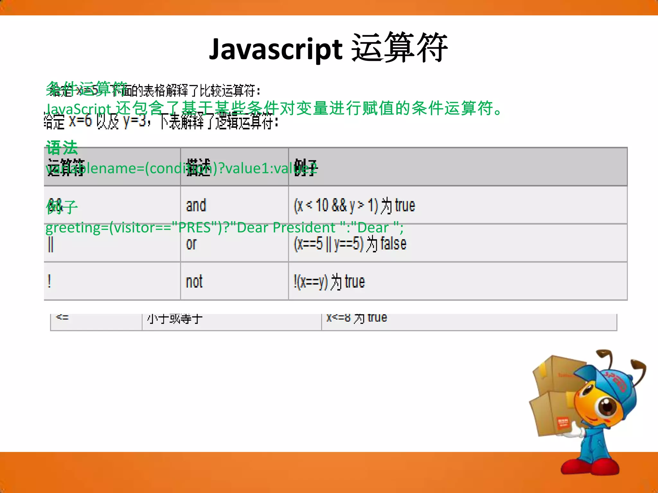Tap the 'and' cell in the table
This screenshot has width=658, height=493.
tap(196, 205)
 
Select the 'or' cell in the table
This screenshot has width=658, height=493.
tap(191, 244)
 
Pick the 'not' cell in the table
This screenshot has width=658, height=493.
tap(194, 282)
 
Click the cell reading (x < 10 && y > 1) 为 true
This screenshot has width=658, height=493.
tap(354, 205)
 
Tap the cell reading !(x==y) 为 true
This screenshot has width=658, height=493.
tap(329, 282)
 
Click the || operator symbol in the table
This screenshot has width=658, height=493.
tap(51, 245)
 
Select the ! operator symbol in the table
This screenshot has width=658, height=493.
tap(49, 282)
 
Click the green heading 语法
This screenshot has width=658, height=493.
tap(62, 148)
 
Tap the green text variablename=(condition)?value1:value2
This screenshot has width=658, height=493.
tap(181, 168)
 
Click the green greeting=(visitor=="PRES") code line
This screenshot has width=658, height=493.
tap(224, 228)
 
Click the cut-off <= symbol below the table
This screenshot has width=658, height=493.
tap(62, 317)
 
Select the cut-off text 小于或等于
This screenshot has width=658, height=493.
tap(175, 318)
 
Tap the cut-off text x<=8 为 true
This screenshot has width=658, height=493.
tap(357, 318)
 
